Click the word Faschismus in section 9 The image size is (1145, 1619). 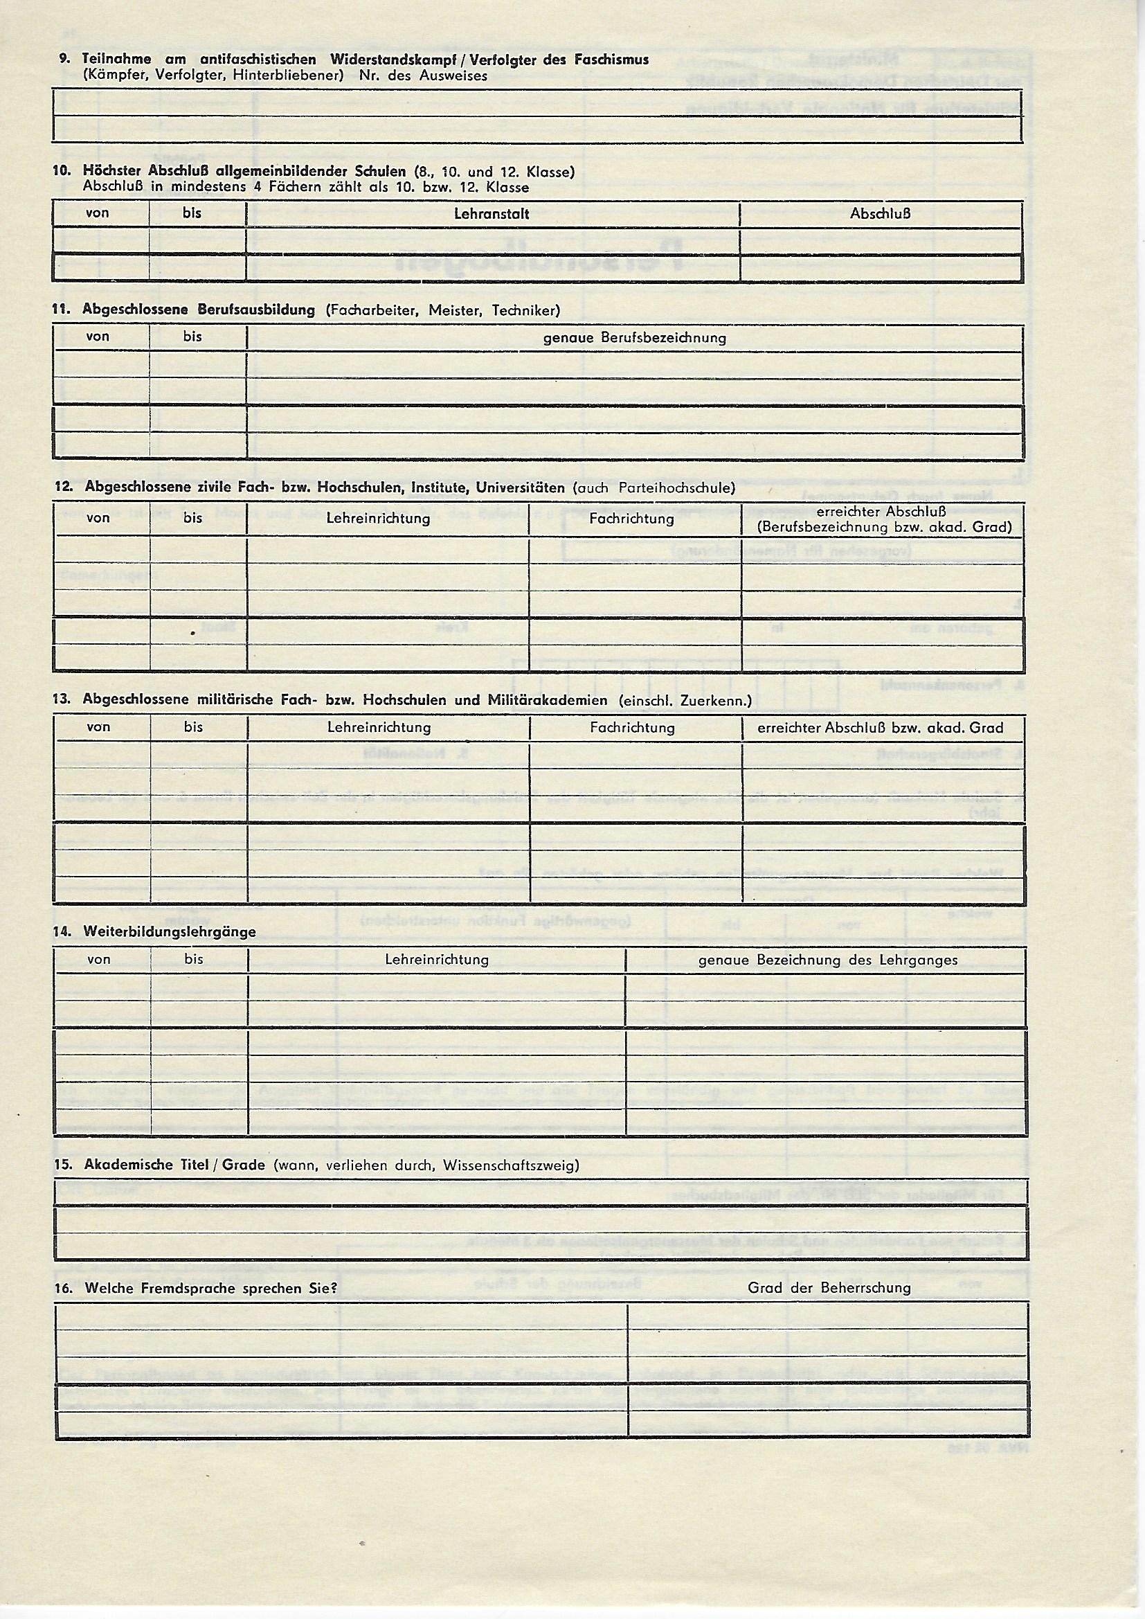[611, 60]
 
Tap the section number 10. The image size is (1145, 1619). [62, 171]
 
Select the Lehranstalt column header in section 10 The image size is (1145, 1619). [492, 214]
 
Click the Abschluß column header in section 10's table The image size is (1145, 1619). [880, 214]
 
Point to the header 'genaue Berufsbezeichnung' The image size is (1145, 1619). [635, 338]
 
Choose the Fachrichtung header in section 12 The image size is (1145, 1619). [632, 519]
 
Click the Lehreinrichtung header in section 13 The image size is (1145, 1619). [379, 727]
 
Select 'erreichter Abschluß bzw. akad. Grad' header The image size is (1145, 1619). [881, 728]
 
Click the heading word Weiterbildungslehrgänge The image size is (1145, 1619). [169, 931]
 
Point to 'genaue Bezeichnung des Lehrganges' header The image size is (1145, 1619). [828, 960]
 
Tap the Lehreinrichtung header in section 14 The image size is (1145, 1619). [436, 960]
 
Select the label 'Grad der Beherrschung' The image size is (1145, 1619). [829, 1288]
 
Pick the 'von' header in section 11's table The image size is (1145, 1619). [98, 337]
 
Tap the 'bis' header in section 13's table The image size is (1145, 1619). [193, 727]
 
